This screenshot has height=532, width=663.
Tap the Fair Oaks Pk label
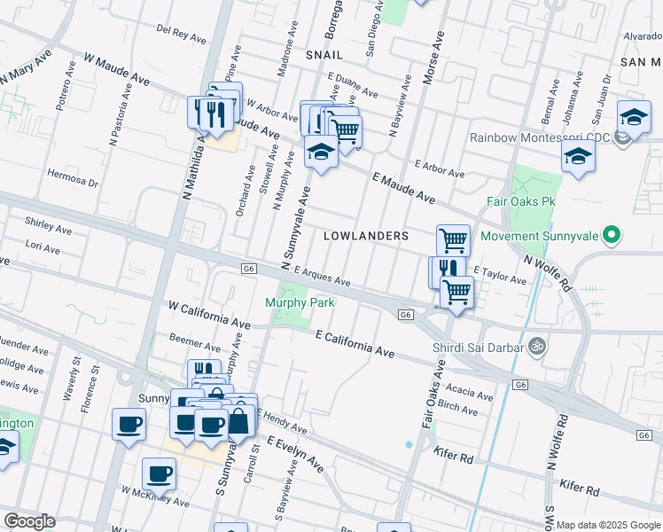point(520,201)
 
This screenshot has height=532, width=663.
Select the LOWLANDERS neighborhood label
point(366,236)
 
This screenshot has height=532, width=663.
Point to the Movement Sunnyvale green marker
point(610,237)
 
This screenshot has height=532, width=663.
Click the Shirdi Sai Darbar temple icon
point(534,346)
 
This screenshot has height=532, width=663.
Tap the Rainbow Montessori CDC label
point(542,137)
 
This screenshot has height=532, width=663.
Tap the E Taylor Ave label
point(500,275)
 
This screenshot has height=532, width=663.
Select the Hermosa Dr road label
point(73,177)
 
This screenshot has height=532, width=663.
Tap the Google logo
point(29,521)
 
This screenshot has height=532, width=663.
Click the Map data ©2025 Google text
point(608,525)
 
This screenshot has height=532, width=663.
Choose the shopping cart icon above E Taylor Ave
point(453,239)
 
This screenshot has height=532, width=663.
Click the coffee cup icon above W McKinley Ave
point(160,473)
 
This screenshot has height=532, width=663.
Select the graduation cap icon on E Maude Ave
point(321,153)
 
